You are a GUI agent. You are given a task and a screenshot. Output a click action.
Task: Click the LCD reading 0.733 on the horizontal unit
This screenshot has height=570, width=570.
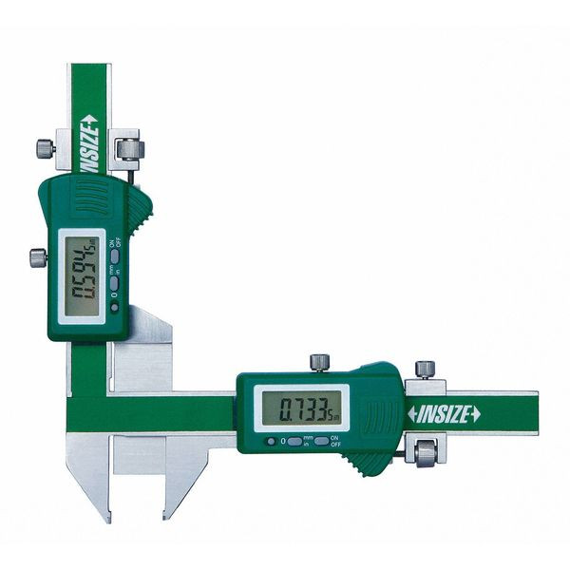(301, 409)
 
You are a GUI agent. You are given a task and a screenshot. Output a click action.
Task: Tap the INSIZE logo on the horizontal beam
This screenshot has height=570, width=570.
(444, 413)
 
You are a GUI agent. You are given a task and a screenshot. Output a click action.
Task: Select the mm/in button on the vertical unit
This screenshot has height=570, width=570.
(115, 275)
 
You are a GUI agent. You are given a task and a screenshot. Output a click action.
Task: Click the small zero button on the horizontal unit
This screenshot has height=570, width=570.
(272, 441)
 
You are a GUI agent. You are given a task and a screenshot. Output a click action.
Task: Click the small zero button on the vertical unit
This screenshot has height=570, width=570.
(115, 296)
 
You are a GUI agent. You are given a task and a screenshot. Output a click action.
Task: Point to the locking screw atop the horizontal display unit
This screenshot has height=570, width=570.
(319, 362)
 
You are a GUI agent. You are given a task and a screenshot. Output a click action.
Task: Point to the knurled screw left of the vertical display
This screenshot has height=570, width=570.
(37, 257)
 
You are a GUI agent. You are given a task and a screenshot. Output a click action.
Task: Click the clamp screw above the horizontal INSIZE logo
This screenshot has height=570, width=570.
(426, 369)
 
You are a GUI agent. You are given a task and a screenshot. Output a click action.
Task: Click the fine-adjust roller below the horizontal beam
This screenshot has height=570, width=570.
(425, 452)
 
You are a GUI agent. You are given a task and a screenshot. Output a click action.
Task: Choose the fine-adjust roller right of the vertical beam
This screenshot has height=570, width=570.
(130, 149)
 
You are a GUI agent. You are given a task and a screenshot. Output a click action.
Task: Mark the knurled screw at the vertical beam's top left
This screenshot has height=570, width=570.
(45, 147)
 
